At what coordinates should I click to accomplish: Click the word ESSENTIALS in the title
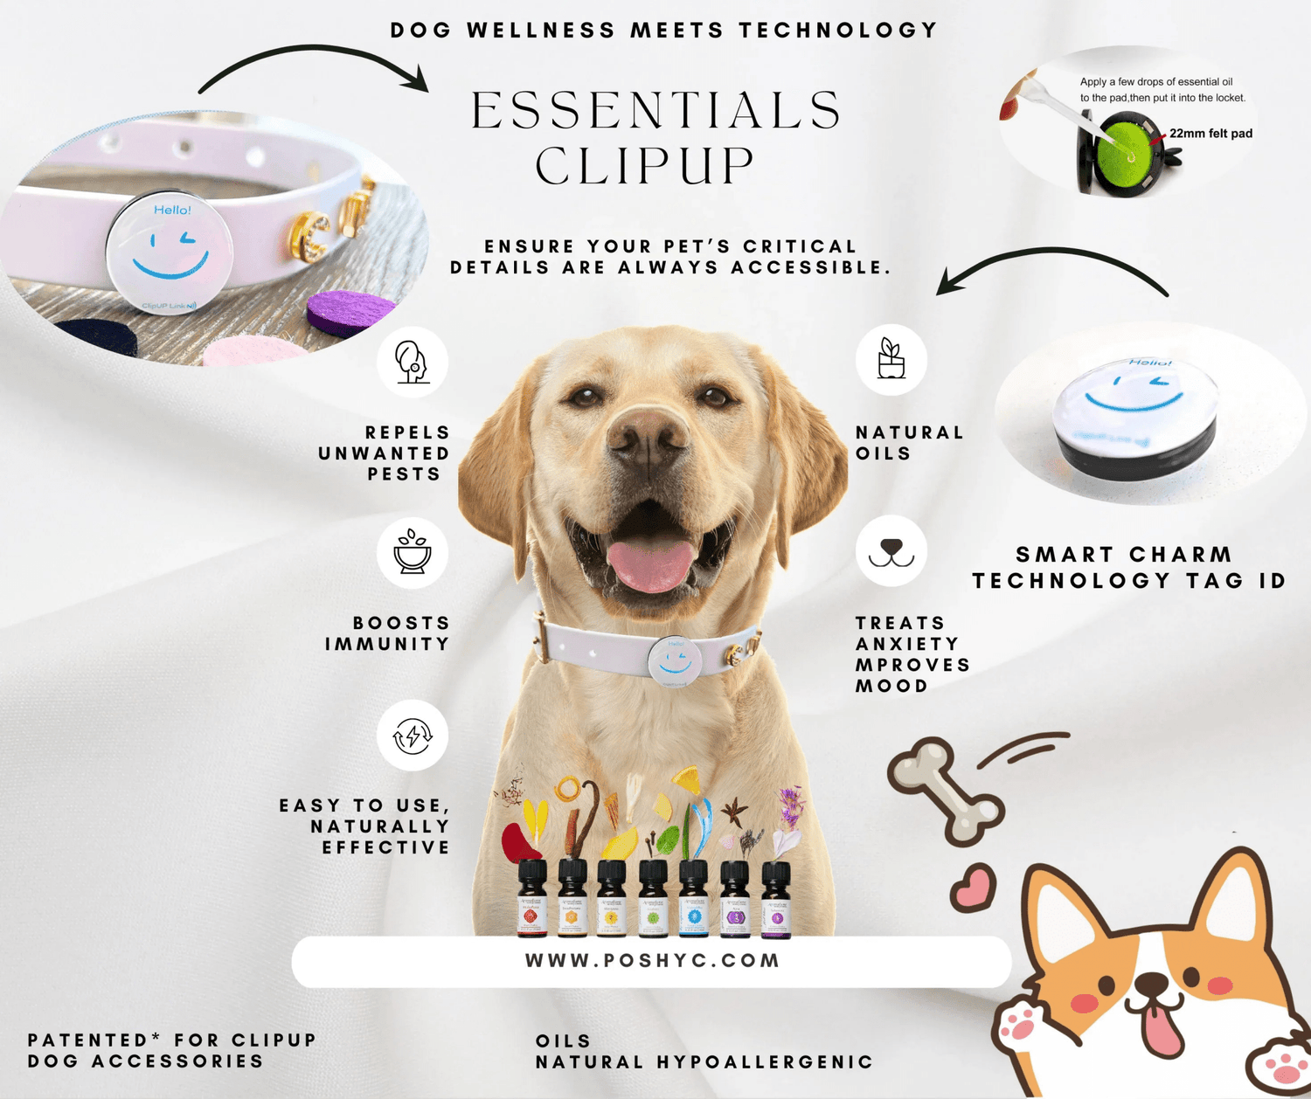(x=655, y=111)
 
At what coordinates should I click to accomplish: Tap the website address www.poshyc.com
(x=652, y=961)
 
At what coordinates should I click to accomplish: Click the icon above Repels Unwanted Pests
(x=412, y=362)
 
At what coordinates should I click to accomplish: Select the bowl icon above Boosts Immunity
(x=412, y=552)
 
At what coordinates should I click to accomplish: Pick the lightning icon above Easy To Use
(x=412, y=736)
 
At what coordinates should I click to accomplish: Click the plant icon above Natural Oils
(x=891, y=359)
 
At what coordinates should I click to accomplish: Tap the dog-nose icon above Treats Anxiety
(x=891, y=551)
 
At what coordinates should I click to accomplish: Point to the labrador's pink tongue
(x=651, y=563)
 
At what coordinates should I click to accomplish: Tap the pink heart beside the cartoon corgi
(x=974, y=889)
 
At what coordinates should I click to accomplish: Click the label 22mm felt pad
(x=1210, y=134)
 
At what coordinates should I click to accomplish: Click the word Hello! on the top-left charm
(x=172, y=210)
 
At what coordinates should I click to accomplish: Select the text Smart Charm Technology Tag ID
(x=1127, y=568)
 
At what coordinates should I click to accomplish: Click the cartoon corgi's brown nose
(x=1152, y=986)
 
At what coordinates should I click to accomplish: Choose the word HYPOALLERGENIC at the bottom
(x=765, y=1062)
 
